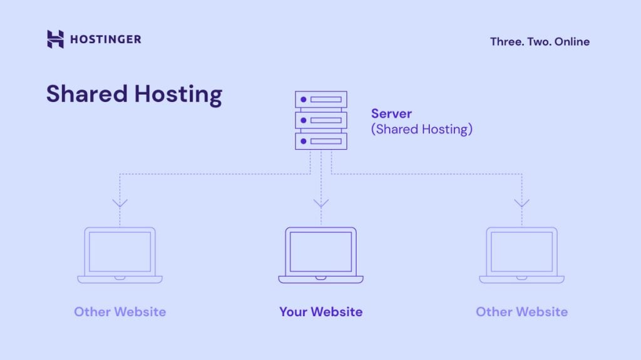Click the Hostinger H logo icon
pos(55,39)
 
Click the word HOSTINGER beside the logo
pos(105,39)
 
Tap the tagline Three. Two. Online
pos(540,42)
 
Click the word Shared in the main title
pos(86,94)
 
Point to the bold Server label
pos(391,114)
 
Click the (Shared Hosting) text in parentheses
pos(421,130)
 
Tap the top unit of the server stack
pos(321,100)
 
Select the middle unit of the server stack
pos(321,120)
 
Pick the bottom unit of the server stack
pos(321,141)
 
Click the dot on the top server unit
pos(304,100)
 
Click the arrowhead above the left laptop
pos(120,203)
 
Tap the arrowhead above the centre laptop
pos(321,203)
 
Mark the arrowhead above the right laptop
pos(521,203)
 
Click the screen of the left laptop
pos(120,252)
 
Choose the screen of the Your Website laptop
pos(321,252)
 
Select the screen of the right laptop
pos(521,252)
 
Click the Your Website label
pos(321,312)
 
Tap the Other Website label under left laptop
pos(120,312)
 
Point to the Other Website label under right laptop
pos(521,312)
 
